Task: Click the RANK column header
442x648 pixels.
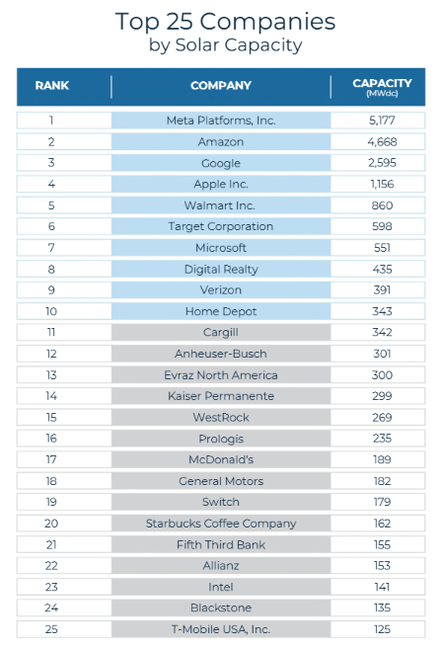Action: click(x=51, y=86)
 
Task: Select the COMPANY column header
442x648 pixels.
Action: click(x=221, y=86)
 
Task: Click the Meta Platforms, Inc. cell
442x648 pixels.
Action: click(x=221, y=121)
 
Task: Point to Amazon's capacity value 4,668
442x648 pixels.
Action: click(x=382, y=142)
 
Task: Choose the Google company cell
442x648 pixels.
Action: click(x=221, y=163)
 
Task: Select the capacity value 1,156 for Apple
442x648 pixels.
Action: click(x=382, y=184)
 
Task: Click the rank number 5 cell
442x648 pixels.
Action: click(x=51, y=205)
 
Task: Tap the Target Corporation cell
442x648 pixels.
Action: click(x=221, y=226)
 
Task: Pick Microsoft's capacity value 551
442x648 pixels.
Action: click(x=382, y=248)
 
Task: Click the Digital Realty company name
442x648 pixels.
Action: click(x=221, y=270)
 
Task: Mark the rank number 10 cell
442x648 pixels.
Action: click(x=51, y=311)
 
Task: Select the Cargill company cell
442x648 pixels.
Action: click(x=221, y=332)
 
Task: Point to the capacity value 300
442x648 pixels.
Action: click(x=382, y=374)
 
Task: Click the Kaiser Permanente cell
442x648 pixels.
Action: click(x=221, y=396)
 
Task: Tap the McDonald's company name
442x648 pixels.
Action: click(x=221, y=459)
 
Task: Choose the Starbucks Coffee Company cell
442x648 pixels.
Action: click(x=221, y=524)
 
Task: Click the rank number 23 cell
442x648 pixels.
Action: click(x=51, y=587)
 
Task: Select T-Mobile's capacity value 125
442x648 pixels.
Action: click(x=382, y=629)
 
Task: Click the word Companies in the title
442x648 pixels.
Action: click(x=267, y=22)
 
